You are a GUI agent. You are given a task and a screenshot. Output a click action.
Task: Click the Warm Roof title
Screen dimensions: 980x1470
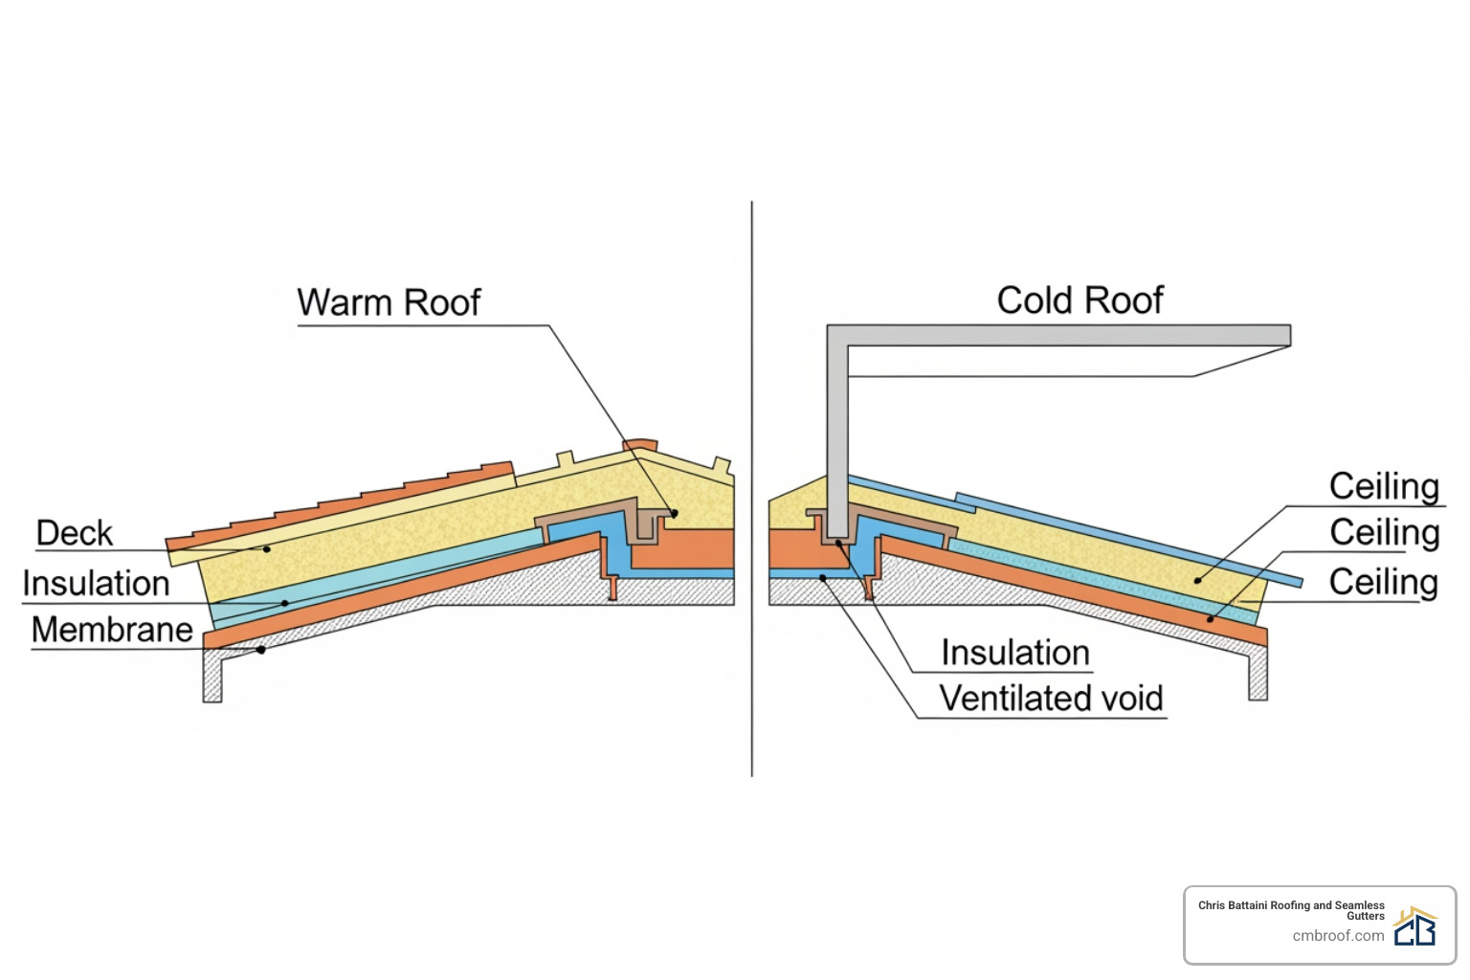(x=389, y=302)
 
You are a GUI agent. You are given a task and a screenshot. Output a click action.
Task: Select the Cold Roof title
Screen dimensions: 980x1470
(x=1080, y=301)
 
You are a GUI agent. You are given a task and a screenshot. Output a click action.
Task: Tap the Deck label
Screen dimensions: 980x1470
(x=74, y=533)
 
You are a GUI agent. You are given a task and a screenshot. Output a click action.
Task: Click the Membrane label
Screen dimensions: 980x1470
(x=112, y=630)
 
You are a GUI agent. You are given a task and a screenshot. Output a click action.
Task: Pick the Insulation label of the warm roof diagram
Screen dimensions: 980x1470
(x=96, y=583)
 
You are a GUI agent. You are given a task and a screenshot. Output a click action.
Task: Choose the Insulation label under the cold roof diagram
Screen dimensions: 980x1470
(x=1015, y=653)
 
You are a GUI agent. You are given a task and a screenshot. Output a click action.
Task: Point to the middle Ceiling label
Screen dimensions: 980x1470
(x=1384, y=533)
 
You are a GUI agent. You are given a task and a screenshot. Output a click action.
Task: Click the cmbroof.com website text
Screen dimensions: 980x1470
(x=1338, y=936)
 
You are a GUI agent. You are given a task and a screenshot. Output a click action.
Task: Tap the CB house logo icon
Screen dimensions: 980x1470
(x=1415, y=926)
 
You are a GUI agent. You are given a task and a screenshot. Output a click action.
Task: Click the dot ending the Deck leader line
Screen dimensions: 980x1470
(x=267, y=549)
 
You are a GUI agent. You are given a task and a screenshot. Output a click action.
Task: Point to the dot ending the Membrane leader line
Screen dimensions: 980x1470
(x=260, y=650)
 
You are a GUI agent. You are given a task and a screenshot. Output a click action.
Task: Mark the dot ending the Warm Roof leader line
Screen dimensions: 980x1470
(x=674, y=514)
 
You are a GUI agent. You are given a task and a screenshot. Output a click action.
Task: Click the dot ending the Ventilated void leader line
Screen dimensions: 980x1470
(x=823, y=578)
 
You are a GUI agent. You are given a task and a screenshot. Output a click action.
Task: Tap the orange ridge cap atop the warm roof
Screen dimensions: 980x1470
(x=640, y=445)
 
